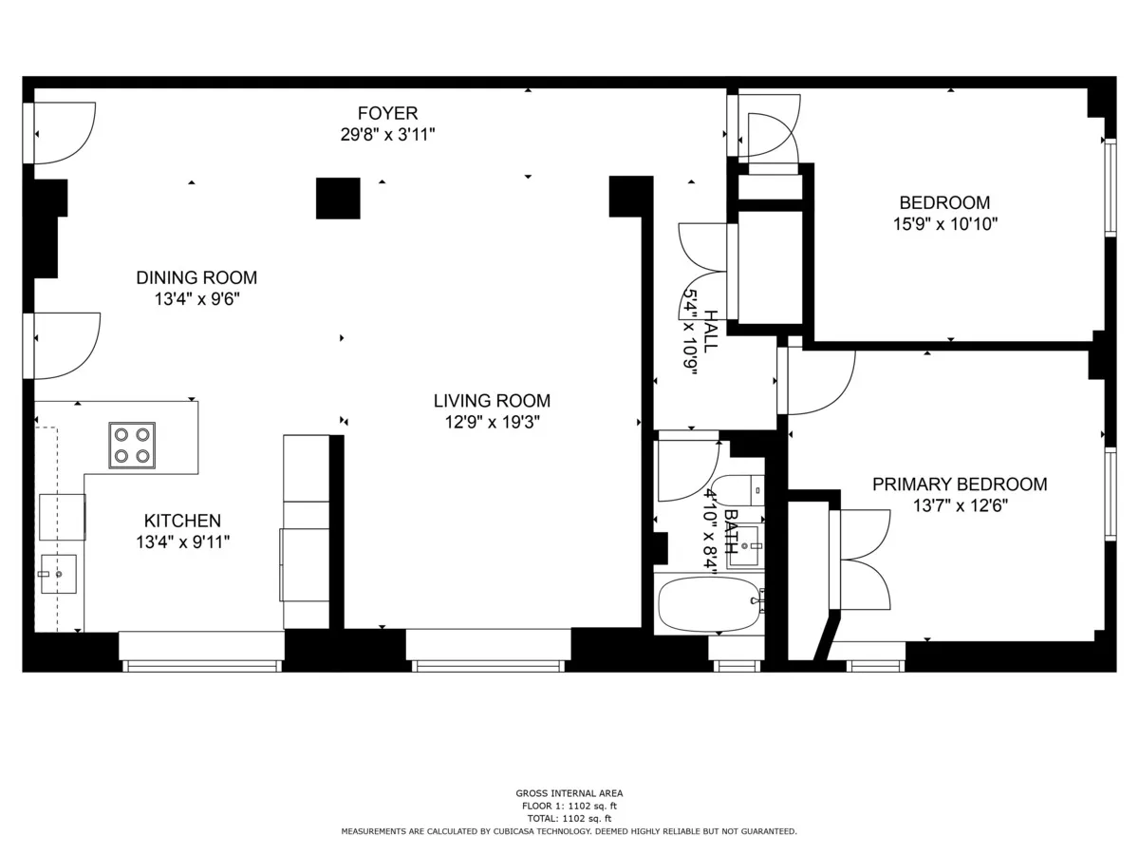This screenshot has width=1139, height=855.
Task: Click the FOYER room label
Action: (x=387, y=114)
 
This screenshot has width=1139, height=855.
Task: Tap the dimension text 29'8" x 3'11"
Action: (x=387, y=135)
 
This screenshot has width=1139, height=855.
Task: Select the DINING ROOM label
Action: (x=196, y=278)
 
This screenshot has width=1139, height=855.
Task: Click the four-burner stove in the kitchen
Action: (x=132, y=445)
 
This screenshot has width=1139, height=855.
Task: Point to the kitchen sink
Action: (x=58, y=574)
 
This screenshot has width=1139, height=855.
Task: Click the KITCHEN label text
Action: (x=182, y=521)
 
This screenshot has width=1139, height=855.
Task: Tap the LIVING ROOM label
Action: (x=492, y=401)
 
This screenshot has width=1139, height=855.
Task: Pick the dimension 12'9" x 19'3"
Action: (x=492, y=422)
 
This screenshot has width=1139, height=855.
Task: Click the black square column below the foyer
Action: (x=338, y=199)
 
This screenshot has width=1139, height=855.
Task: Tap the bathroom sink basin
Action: (x=744, y=546)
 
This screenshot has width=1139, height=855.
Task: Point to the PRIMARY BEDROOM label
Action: (x=960, y=484)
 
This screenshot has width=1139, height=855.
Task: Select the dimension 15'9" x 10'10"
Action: (x=944, y=224)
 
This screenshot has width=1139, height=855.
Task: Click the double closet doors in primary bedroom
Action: (x=861, y=560)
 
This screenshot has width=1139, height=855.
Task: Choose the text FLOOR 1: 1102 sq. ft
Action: (x=569, y=806)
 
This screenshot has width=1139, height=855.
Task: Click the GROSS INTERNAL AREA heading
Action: (x=569, y=793)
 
